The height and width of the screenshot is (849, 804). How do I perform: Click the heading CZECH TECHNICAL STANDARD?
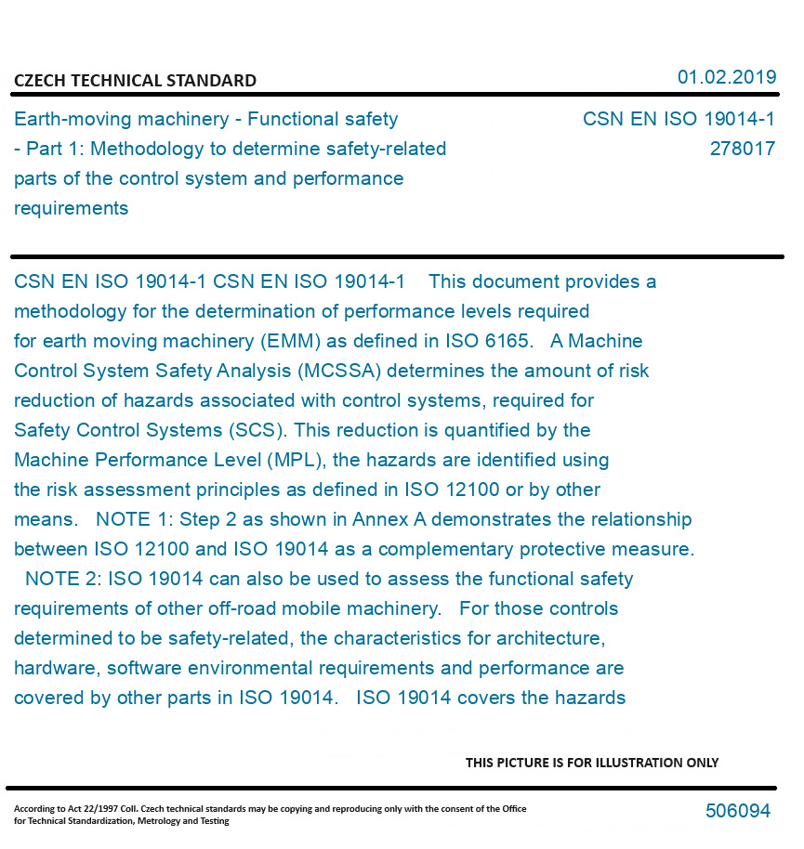pos(135,81)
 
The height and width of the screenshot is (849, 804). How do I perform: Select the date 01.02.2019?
pos(726,77)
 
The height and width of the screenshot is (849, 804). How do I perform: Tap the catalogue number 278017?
pos(742,149)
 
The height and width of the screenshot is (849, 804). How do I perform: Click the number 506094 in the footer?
pos(737,811)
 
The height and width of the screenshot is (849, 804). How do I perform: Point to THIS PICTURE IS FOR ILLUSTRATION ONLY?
pos(592,763)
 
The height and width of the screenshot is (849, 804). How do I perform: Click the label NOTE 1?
pos(135,519)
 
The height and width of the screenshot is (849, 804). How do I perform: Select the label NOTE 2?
pos(64,579)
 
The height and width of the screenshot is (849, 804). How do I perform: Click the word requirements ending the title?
pos(71,208)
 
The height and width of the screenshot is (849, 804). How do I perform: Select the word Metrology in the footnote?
pos(164,821)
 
